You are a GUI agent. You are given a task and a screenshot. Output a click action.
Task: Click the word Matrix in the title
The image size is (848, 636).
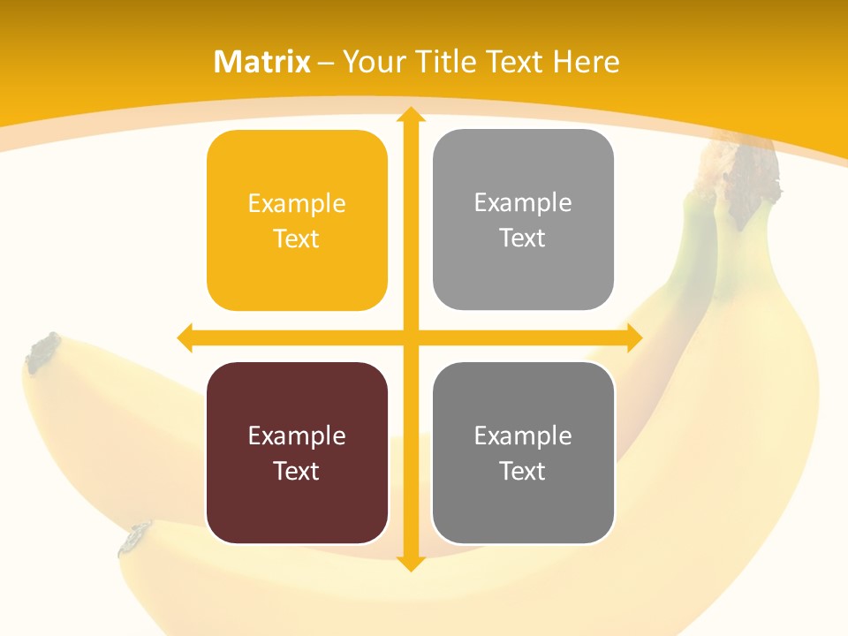click(262, 62)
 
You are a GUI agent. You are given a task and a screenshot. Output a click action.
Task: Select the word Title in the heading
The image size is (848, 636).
click(451, 62)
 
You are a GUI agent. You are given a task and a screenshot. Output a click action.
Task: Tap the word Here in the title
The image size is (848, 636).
click(586, 62)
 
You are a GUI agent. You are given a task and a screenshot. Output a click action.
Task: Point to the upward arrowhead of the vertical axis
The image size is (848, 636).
click(410, 116)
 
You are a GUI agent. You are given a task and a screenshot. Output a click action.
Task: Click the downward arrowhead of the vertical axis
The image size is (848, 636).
click(410, 563)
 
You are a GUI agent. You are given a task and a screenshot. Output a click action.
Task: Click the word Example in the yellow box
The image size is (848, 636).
click(297, 204)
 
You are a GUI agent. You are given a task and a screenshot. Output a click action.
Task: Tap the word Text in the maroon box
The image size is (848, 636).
click(297, 471)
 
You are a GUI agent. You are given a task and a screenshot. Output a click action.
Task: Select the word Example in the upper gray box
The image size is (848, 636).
click(523, 203)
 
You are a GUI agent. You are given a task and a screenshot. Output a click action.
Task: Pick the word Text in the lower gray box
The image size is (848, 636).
click(523, 471)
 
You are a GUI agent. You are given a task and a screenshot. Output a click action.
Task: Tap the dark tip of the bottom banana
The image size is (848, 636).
click(135, 538)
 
